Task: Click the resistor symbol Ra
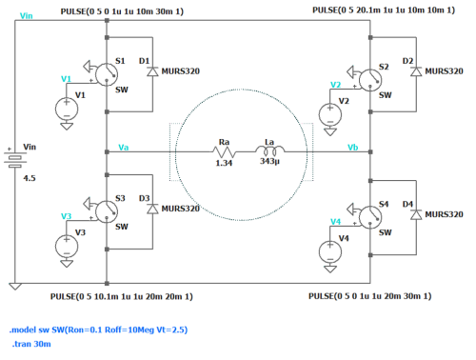click(x=225, y=152)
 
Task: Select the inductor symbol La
click(x=269, y=150)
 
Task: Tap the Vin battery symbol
click(x=15, y=158)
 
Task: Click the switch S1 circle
click(x=107, y=74)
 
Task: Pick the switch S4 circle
click(x=370, y=217)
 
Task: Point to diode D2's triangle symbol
click(x=416, y=71)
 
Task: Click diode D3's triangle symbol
click(x=152, y=209)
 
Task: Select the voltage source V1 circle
click(x=67, y=109)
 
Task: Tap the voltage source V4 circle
click(x=330, y=252)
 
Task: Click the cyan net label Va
click(x=123, y=148)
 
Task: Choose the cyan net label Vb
click(x=353, y=148)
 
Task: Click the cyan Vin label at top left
click(x=27, y=15)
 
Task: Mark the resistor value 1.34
click(x=224, y=163)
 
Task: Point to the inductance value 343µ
click(x=269, y=161)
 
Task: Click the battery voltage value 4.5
click(x=30, y=178)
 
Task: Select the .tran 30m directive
click(x=31, y=344)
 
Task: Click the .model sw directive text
click(x=99, y=330)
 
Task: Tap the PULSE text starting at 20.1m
click(x=384, y=10)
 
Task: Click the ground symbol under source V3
click(x=67, y=264)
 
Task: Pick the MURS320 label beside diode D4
click(x=444, y=214)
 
